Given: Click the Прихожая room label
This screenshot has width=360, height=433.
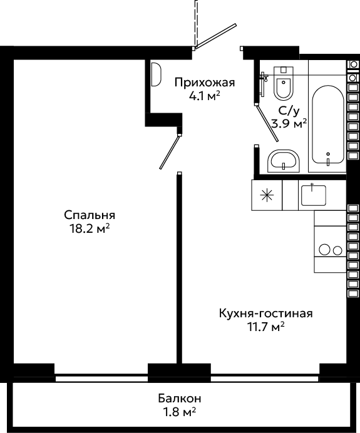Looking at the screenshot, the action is tap(205, 83).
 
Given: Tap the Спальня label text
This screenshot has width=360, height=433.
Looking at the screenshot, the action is tap(90, 215).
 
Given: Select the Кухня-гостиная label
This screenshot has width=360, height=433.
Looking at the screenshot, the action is tap(266, 313).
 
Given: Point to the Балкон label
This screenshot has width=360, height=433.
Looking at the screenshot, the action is tap(180, 399).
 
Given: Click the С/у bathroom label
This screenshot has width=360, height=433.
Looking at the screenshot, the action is tap(289, 111).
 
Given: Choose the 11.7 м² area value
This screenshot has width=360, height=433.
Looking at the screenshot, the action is tap(266, 327).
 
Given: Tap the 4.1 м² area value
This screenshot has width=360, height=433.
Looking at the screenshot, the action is tap(205, 96).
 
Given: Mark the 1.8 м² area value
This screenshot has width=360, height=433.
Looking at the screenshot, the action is tap(180, 412).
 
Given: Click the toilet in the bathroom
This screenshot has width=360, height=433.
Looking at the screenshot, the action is tap(283, 83).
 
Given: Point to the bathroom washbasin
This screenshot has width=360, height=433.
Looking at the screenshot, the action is tap(284, 161).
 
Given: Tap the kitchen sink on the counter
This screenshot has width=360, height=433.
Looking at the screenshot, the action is tap(314, 195).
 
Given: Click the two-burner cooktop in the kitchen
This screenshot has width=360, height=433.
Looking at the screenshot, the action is tap(330, 250).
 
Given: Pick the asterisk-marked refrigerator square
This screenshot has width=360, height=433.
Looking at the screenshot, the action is tap(267, 195).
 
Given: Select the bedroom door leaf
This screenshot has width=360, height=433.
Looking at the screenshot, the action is tap(170, 152).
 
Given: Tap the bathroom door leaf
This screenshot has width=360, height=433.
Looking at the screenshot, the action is tap(267, 123).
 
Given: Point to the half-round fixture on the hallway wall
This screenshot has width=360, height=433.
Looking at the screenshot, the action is tap(156, 74).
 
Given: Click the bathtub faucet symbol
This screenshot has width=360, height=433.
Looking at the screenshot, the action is tap(328, 160).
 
